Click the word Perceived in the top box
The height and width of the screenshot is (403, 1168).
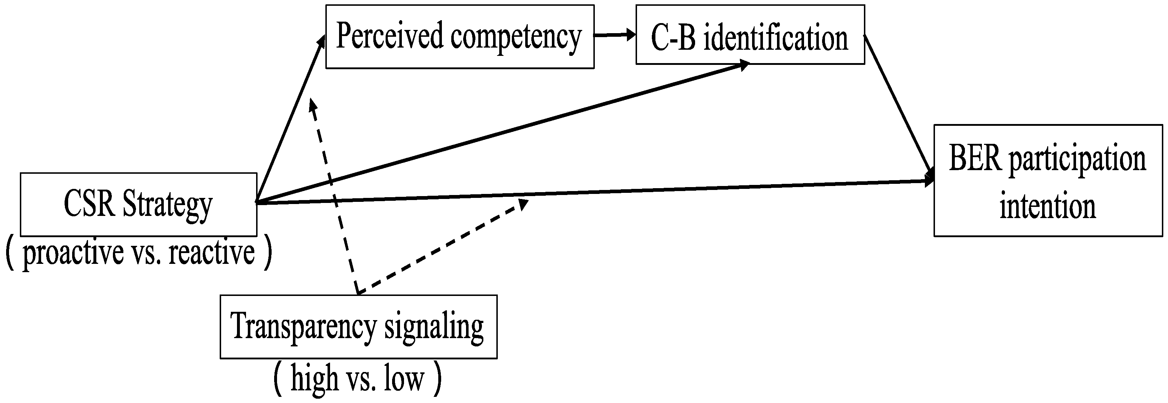[389, 36]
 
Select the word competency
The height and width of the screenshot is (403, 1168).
[515, 37]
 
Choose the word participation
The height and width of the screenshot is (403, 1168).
[1077, 160]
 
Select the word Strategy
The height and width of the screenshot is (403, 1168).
[167, 205]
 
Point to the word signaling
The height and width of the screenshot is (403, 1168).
[434, 327]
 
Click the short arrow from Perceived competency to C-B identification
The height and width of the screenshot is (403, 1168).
[614, 35]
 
